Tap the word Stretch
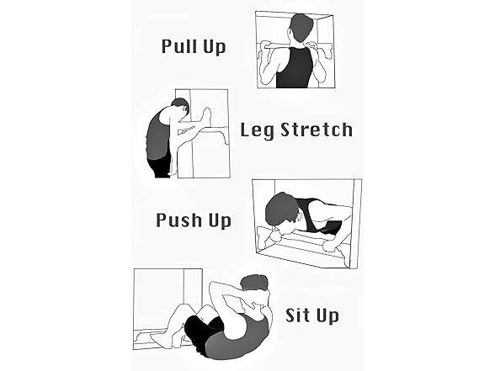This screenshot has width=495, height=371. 315,130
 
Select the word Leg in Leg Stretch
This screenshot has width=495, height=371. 257,131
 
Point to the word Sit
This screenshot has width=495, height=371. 298,315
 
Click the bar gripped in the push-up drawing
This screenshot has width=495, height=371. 303,246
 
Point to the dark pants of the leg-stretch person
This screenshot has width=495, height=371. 159,166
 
